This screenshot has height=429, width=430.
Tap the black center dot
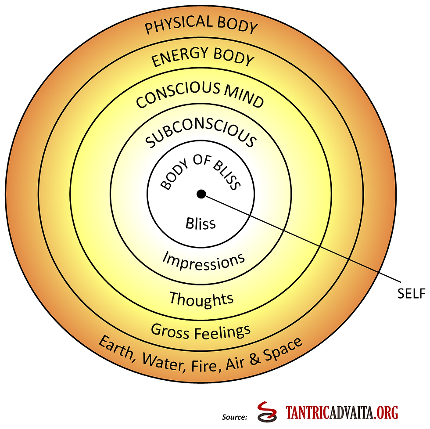(x=201, y=194)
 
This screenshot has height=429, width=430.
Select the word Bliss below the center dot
(x=201, y=223)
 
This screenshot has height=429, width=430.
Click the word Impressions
(x=204, y=261)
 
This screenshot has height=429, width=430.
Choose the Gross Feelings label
(x=201, y=330)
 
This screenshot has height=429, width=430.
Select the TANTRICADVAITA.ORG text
(x=342, y=413)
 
